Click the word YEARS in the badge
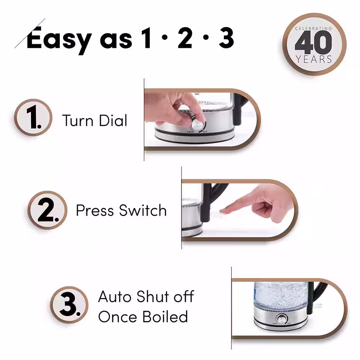(x=314, y=59)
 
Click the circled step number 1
(x=33, y=117)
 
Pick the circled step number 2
(x=47, y=210)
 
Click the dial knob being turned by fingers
(x=197, y=125)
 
